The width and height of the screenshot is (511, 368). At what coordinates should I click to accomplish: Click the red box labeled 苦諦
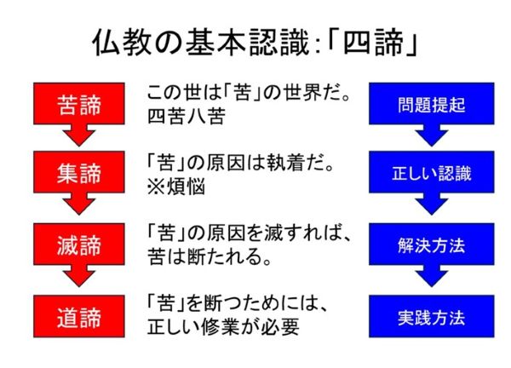(79, 103)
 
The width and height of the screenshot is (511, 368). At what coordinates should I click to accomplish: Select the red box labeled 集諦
(79, 172)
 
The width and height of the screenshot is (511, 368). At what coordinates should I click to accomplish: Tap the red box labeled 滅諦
(79, 244)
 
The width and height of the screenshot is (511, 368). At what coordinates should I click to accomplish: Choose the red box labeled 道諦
(79, 316)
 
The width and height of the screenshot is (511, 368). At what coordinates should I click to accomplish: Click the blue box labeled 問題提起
(432, 103)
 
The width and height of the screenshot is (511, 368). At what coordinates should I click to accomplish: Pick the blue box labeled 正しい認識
(432, 172)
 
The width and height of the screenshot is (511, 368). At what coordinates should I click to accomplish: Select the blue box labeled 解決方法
(432, 244)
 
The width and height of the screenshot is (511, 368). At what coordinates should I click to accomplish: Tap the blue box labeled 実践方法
(432, 316)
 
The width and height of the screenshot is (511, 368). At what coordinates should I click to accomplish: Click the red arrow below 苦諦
(79, 135)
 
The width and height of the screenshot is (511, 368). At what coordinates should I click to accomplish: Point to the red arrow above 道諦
(79, 276)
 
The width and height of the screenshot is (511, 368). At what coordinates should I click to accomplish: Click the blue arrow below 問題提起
(432, 135)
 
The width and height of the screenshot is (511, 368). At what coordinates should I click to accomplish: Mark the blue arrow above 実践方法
(432, 276)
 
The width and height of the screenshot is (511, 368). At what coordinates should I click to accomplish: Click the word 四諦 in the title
(374, 43)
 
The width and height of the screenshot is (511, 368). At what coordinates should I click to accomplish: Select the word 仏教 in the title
(122, 43)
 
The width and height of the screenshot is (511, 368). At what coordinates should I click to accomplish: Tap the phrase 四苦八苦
(187, 116)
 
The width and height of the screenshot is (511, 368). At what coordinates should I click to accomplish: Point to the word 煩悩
(186, 187)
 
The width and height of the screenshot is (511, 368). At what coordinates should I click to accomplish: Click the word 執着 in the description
(285, 163)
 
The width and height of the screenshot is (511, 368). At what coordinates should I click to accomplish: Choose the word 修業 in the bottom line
(221, 327)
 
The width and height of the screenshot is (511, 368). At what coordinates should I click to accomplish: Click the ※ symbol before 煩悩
(156, 187)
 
